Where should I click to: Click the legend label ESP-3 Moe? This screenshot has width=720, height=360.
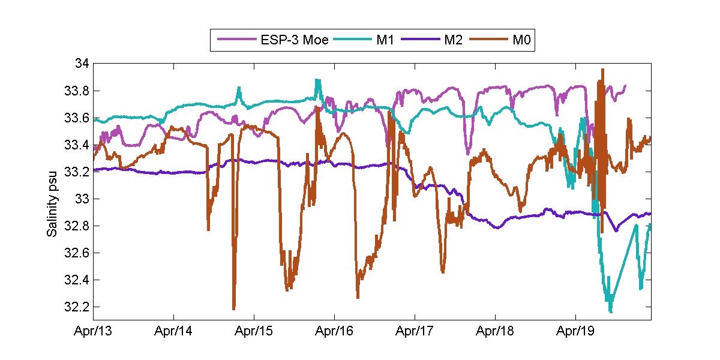(295, 40)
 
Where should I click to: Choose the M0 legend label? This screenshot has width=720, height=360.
(521, 40)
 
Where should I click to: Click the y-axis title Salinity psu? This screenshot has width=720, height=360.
(53, 192)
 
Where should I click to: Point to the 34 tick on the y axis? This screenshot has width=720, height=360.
(82, 64)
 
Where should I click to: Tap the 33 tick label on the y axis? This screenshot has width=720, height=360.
(82, 199)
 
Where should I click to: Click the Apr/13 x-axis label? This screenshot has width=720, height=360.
(93, 331)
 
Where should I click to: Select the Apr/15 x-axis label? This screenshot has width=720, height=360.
(254, 331)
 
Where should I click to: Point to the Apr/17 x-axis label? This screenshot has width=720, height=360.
(415, 331)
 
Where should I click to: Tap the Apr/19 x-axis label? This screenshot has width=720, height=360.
(575, 331)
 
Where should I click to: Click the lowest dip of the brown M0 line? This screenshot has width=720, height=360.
(233, 309)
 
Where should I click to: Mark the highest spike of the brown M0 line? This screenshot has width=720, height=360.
(602, 69)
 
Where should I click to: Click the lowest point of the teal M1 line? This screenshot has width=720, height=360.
(611, 312)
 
